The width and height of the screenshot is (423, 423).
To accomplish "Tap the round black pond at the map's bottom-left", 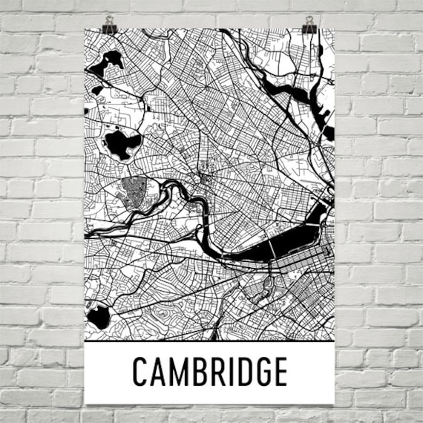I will [98, 318].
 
